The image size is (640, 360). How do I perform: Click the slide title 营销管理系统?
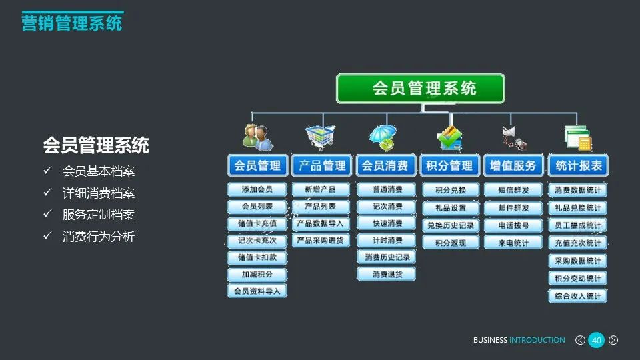[x=72, y=23]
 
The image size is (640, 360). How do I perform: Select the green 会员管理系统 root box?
[x=420, y=89]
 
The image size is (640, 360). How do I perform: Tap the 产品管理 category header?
[x=321, y=165]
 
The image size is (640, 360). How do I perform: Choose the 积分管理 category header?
[x=449, y=165]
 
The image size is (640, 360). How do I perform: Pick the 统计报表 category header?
[x=577, y=165]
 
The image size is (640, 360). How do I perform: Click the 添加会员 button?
[x=257, y=190]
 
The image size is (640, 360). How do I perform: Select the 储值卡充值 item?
[x=257, y=223]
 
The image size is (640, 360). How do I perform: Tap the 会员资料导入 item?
[x=257, y=291]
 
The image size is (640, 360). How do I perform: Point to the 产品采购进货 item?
[x=321, y=240]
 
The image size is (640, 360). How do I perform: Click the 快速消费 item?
[x=387, y=223]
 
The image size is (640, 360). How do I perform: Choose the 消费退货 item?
[x=387, y=274]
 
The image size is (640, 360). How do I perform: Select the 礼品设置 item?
[x=451, y=208]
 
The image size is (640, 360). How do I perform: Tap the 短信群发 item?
[x=513, y=190]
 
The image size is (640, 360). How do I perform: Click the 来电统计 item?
[x=513, y=243]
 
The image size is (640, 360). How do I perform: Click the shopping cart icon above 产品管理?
[x=320, y=137]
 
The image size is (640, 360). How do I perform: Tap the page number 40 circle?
[x=597, y=341]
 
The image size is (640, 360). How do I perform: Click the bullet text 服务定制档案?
[x=99, y=215]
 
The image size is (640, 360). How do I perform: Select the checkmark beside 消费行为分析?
[x=47, y=236]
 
